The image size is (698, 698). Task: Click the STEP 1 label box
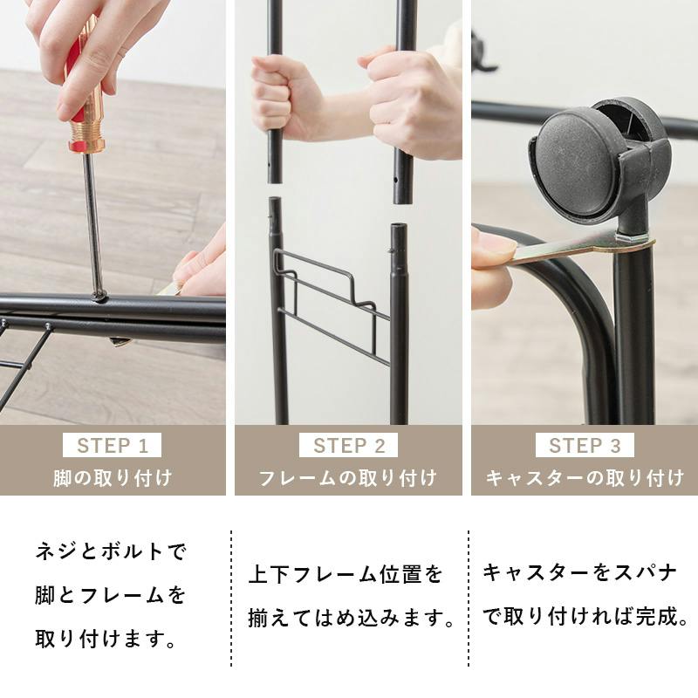113,445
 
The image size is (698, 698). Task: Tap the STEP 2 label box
348,445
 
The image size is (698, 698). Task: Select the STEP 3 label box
585,445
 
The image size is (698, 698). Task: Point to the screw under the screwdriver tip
100,296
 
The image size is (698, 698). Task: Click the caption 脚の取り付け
113,478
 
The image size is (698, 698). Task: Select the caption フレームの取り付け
347,478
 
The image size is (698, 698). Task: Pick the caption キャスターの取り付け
585,478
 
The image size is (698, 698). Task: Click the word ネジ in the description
57,551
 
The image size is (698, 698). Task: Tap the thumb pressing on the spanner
492,247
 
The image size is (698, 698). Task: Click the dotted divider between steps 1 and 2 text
231,599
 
